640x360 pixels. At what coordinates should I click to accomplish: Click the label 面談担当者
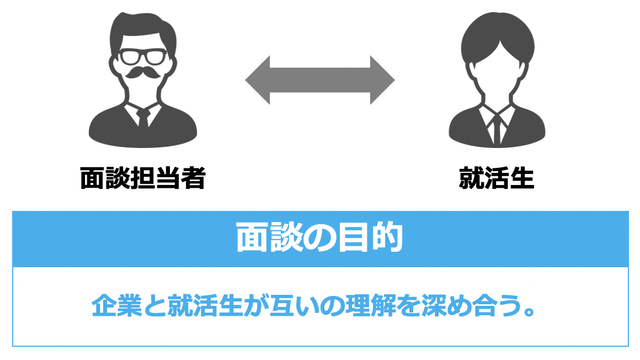pos(142,178)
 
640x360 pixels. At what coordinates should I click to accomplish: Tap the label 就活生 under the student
pos(497,178)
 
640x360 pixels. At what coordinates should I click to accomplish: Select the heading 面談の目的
pos(319,238)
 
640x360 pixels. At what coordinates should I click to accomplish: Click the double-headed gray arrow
pos(320,80)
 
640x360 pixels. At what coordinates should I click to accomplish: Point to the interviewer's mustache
pos(143,74)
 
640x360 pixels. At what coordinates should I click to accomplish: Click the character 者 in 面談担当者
pos(193,178)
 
